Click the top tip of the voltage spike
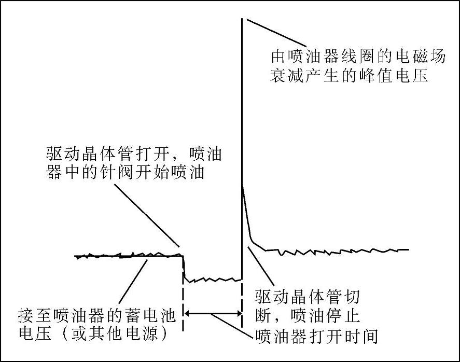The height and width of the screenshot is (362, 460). point(242,19)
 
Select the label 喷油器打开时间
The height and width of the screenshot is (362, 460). point(316,336)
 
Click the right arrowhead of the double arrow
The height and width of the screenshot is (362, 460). point(238,313)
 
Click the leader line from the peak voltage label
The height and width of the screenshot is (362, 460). point(275,33)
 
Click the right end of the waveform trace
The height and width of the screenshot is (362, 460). point(408,249)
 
